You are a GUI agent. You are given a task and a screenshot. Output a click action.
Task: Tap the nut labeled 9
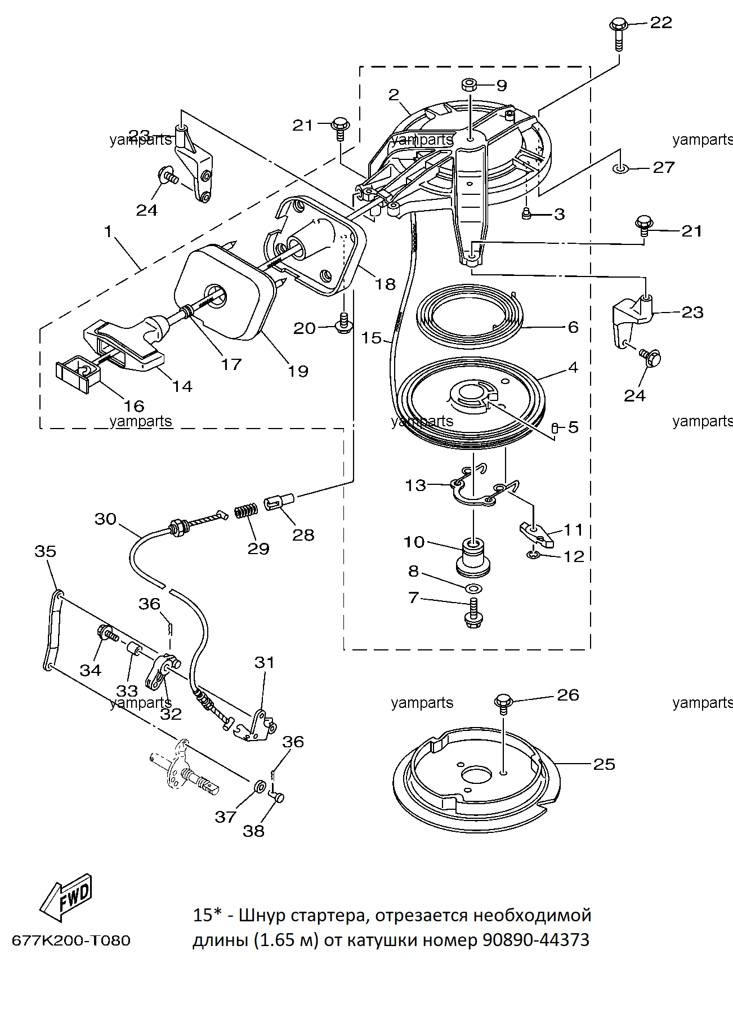point(470,85)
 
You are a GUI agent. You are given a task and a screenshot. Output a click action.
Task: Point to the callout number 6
point(573,327)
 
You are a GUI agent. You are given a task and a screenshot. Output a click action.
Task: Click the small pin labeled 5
point(555,429)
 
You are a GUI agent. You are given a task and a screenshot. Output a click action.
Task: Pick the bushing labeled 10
point(473,557)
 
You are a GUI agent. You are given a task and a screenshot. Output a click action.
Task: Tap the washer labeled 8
point(473,588)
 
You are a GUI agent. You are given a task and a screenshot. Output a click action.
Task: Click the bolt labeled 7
point(473,613)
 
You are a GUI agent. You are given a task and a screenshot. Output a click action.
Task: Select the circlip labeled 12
point(534,556)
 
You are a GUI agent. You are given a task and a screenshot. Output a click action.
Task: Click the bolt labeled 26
point(503,704)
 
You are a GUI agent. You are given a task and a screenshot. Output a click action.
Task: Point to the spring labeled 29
point(245,511)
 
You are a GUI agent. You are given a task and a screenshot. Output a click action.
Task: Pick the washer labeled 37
point(260,786)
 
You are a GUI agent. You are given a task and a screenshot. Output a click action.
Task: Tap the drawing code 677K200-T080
point(71,940)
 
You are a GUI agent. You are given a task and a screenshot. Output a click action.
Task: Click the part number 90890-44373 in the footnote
point(536,940)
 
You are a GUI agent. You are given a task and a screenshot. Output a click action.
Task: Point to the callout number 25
point(604,764)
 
